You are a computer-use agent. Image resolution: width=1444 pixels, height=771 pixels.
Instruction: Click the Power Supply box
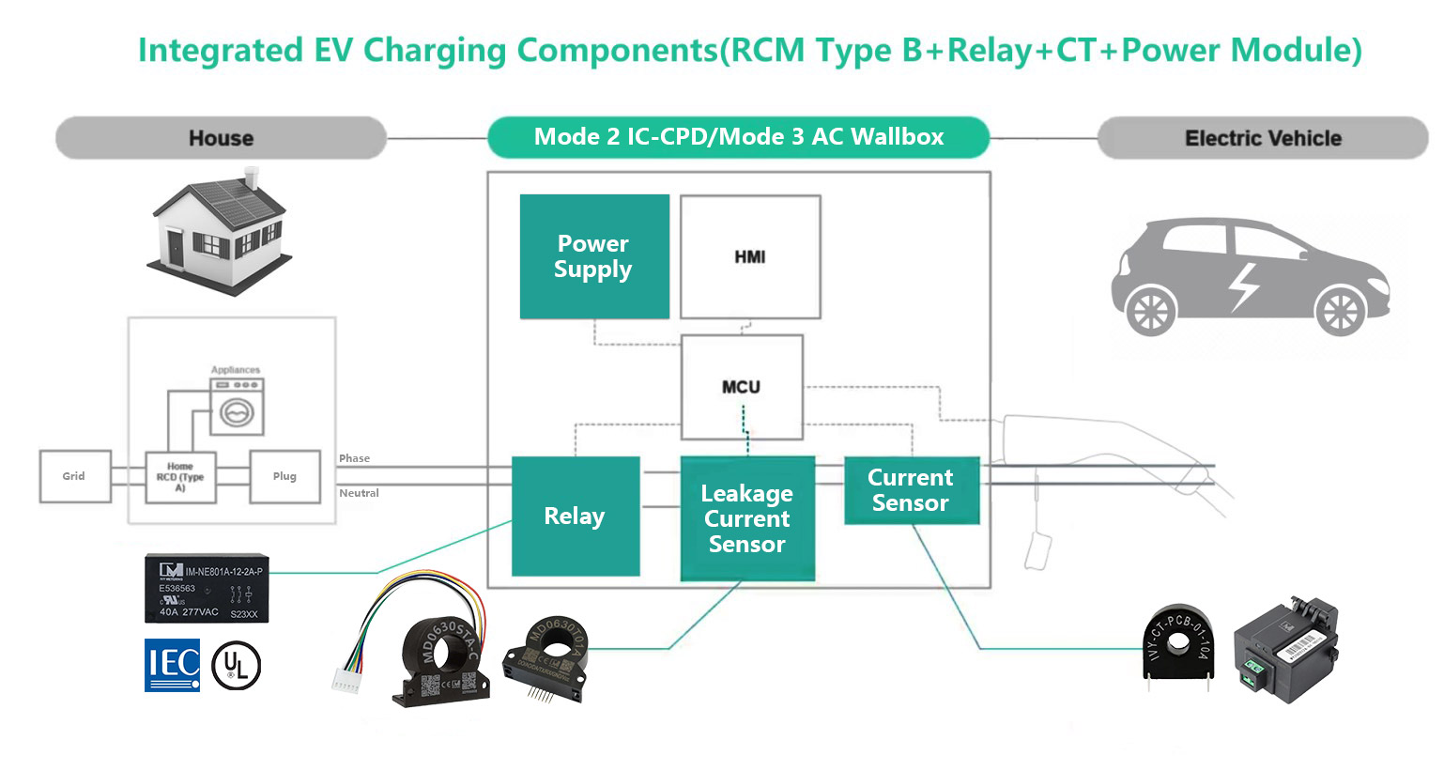(594, 256)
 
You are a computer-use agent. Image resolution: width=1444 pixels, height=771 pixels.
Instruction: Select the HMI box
(750, 256)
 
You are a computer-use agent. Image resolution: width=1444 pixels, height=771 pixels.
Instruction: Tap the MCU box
(741, 387)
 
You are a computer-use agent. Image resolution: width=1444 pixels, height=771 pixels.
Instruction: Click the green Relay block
(576, 516)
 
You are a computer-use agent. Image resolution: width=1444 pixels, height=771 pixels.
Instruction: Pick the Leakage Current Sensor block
(747, 518)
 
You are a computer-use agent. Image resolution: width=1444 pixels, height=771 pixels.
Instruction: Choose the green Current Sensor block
(911, 490)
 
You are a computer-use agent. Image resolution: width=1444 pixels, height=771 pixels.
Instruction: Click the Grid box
(74, 476)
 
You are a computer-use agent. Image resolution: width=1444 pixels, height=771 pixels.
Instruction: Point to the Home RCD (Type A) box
(180, 477)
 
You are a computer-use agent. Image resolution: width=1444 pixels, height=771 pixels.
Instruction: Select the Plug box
(284, 476)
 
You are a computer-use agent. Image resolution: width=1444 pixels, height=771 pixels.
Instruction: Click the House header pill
(221, 138)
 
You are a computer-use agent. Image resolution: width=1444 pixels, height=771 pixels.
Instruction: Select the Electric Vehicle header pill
(1262, 138)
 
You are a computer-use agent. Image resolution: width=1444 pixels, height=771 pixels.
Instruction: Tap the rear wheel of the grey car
(1150, 311)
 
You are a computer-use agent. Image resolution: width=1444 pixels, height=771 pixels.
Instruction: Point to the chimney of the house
(251, 177)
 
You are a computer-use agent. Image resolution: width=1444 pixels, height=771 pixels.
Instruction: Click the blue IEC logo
(172, 665)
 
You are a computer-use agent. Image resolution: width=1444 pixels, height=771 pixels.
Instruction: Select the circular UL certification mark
(236, 667)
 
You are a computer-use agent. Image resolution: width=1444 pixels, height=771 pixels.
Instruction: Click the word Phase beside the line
(354, 458)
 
